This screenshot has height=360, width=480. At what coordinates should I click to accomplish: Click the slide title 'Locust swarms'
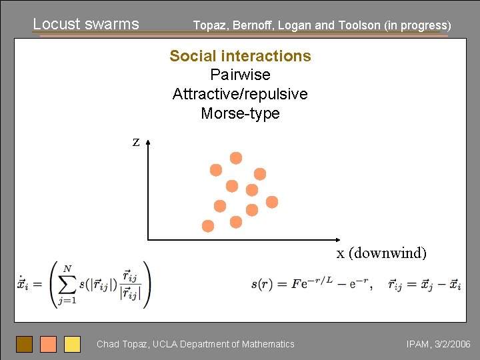(86, 24)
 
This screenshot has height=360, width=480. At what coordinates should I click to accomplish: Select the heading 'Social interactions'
(240, 56)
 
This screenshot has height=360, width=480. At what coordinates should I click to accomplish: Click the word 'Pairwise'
(240, 75)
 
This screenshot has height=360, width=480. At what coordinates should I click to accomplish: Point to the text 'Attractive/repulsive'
(240, 94)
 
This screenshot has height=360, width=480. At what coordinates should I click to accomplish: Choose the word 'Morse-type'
(240, 113)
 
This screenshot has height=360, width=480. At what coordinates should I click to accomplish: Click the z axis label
(136, 142)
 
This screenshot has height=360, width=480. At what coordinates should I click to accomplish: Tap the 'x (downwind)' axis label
(381, 253)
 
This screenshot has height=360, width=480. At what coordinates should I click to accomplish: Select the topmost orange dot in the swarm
(236, 158)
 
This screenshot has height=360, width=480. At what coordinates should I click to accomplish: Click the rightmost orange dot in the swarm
(272, 201)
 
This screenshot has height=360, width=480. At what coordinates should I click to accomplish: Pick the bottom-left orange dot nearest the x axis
(208, 226)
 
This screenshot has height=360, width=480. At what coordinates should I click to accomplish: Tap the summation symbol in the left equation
(67, 283)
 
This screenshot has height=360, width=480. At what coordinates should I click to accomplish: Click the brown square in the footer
(25, 344)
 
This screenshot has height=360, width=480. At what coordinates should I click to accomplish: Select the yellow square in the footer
(72, 344)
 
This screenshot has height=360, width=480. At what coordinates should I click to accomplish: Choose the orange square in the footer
(48, 344)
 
